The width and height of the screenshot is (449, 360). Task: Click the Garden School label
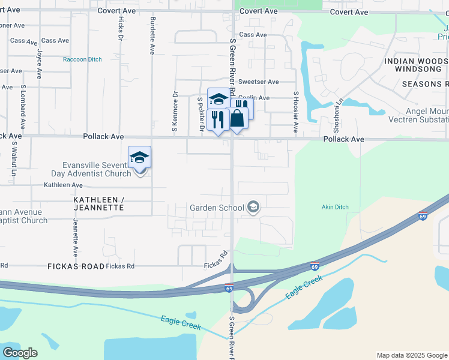click(217, 208)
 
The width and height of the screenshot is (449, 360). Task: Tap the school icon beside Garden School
click(253, 208)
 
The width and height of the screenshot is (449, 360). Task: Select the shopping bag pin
click(238, 118)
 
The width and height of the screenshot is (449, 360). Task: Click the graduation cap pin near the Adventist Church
click(139, 158)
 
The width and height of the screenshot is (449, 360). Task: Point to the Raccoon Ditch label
click(82, 59)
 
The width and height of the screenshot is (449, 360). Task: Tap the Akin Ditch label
click(335, 208)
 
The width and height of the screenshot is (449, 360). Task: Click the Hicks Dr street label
click(121, 29)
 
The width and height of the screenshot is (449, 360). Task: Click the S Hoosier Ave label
click(296, 112)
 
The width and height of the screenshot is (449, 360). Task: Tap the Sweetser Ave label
click(258, 82)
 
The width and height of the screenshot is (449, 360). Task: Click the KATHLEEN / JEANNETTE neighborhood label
click(98, 203)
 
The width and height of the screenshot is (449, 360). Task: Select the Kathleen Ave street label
click(62, 185)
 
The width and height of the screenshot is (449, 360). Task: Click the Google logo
click(20, 353)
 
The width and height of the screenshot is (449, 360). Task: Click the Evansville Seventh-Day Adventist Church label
click(96, 169)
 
